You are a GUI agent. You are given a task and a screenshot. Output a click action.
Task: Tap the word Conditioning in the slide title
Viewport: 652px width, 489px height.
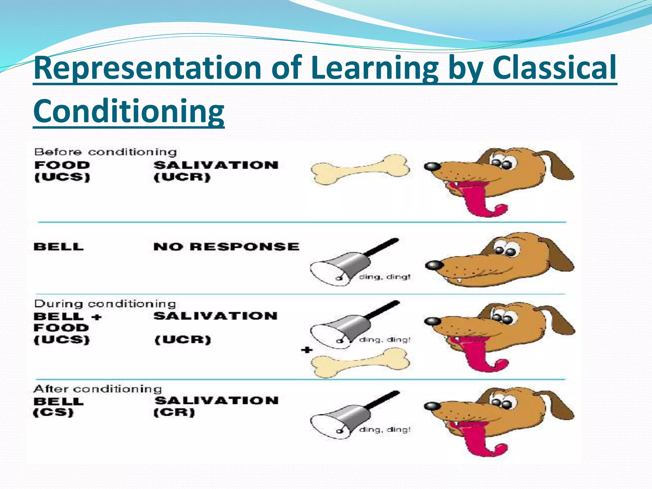coord(129,111)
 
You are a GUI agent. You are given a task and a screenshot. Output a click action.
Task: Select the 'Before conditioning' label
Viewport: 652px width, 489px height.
coord(105,152)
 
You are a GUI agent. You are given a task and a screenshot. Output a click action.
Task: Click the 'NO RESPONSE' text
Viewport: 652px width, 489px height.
coord(226,247)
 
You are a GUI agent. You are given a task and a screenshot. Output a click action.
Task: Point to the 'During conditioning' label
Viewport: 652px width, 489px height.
coord(105,304)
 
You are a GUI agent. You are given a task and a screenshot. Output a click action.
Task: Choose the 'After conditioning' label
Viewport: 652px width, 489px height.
coord(97,389)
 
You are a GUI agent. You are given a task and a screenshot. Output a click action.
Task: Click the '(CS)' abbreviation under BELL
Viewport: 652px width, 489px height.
coord(53,413)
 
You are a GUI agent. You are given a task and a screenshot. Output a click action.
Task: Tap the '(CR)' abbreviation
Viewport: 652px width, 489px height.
coord(174,413)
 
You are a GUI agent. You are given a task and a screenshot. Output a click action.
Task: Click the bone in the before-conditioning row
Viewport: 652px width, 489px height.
coord(360,169)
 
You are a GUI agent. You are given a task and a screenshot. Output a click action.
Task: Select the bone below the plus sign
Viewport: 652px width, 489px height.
coord(360,363)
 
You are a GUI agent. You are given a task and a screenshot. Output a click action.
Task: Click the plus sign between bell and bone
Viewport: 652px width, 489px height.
coord(307,350)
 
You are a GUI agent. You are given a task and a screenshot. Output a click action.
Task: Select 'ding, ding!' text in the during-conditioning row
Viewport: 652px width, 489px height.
coord(385,340)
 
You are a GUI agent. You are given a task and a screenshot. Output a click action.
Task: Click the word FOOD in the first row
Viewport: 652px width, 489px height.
coord(62,165)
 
